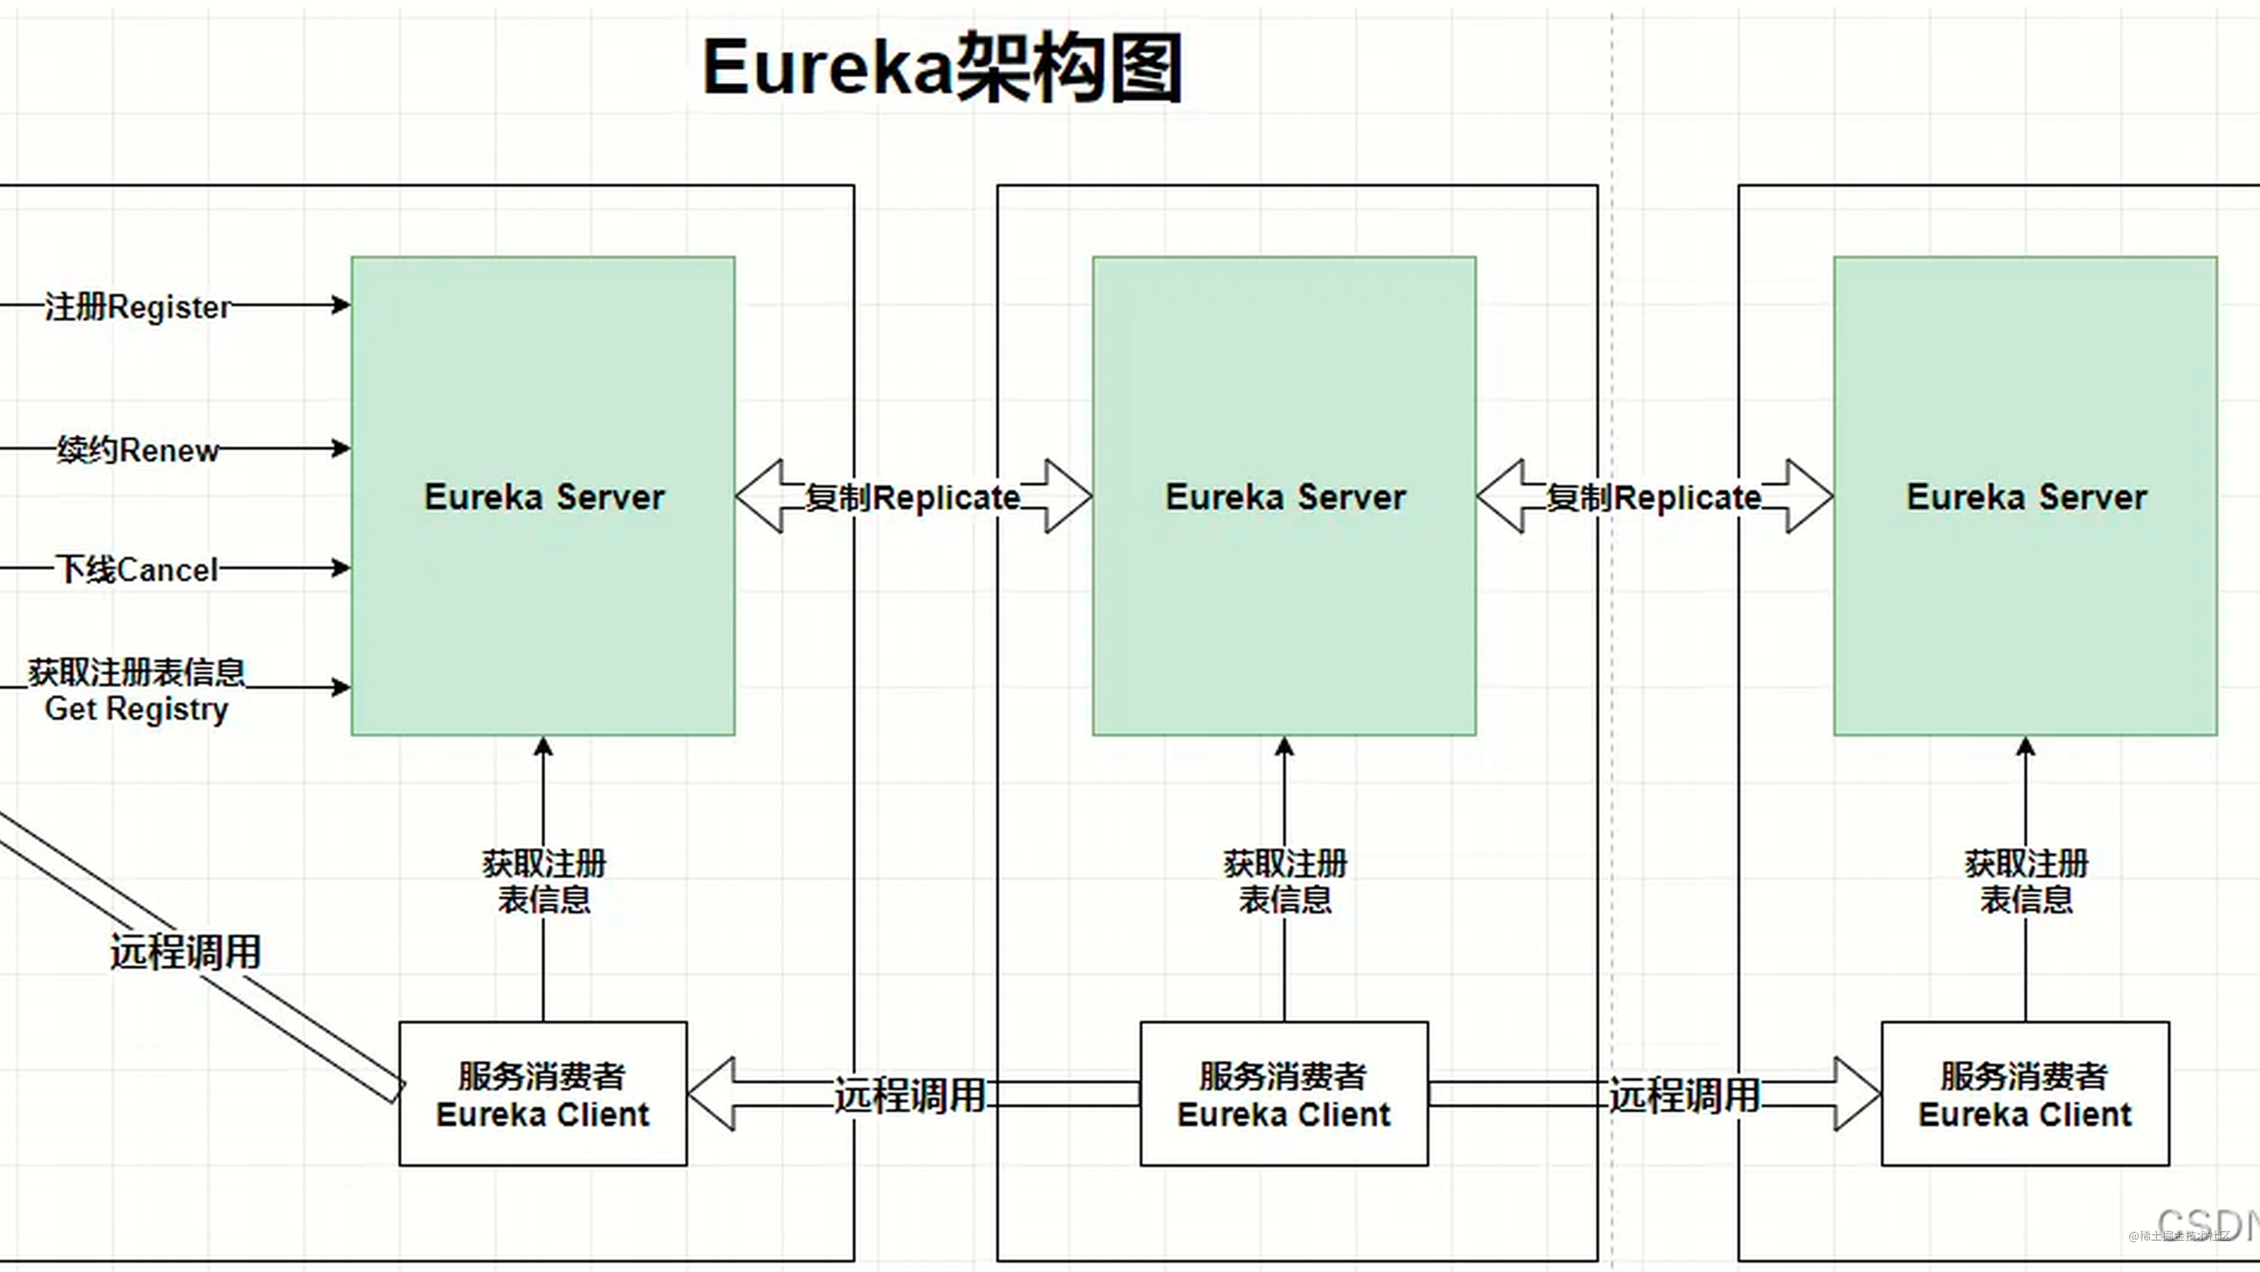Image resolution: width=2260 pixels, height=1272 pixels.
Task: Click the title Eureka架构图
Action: pos(942,69)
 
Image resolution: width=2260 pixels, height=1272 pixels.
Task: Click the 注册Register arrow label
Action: pos(137,307)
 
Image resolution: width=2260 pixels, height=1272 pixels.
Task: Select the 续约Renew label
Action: pos(137,450)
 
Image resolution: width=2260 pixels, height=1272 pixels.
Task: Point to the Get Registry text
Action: pos(136,709)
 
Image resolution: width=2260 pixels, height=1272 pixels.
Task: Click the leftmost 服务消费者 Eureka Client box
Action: pos(543,1094)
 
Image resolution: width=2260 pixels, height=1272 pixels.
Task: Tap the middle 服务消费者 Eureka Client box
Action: pos(1285,1094)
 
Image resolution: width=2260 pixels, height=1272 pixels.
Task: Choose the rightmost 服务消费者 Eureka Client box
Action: pos(2025,1094)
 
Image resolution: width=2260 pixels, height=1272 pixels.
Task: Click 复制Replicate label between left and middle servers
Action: pos(913,498)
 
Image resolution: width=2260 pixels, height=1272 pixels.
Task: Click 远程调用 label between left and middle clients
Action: pos(910,1096)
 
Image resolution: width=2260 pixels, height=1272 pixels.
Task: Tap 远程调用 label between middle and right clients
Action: pos(1684,1096)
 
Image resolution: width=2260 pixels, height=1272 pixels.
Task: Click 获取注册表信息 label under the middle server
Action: pos(1285,882)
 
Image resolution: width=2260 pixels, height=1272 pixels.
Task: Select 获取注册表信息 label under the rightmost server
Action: pos(2025,882)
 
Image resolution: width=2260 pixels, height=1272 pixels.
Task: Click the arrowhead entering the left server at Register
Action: pos(341,305)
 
